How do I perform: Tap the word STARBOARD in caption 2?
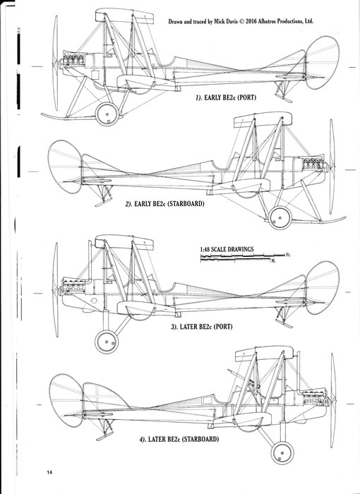tap(185, 204)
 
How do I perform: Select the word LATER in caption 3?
tap(188, 327)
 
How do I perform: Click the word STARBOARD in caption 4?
tap(200, 439)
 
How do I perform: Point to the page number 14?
tap(49, 472)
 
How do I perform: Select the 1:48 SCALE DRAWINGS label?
tap(227, 249)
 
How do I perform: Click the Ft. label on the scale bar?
tap(288, 255)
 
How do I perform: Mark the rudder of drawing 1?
tap(322, 62)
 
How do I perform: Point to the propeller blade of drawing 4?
tap(333, 400)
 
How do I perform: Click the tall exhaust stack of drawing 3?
tap(90, 262)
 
